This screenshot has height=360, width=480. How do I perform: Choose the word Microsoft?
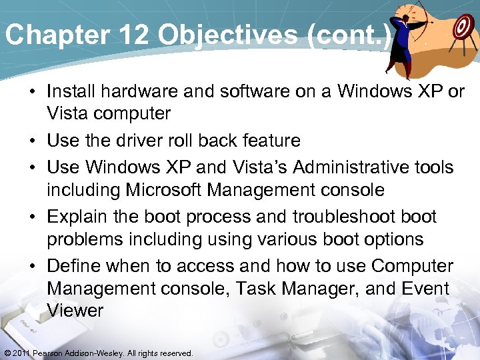156,190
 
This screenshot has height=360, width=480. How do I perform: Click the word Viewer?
75,311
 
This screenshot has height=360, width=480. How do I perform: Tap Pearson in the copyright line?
48,353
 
